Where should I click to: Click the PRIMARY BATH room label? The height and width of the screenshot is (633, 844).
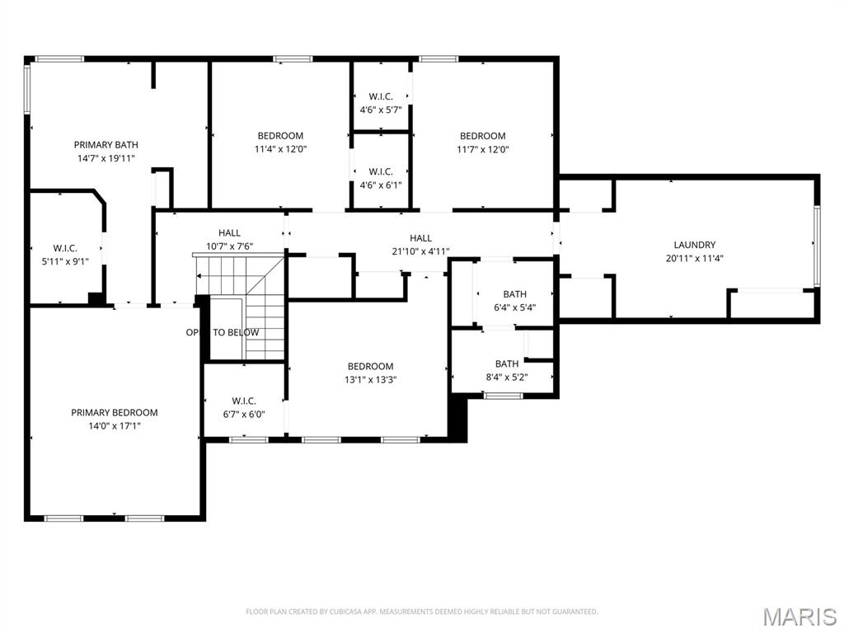105,144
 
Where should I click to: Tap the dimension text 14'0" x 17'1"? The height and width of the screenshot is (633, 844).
114,426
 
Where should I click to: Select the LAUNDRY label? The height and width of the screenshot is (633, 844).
694,245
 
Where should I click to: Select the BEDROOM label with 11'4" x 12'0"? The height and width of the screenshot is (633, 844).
280,136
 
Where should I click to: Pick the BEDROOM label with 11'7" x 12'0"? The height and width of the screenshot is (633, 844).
482,136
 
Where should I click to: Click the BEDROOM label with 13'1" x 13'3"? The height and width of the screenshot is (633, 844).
370,366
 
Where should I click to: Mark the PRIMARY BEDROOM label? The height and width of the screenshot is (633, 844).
114,412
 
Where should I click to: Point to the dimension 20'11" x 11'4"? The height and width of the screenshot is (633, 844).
694,258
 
